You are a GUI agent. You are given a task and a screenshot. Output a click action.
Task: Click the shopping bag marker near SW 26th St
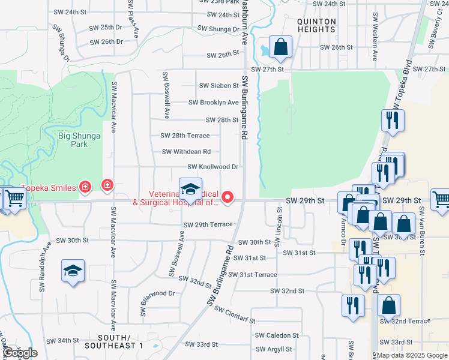[280, 47]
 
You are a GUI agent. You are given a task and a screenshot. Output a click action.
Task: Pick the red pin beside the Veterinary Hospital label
[228, 196]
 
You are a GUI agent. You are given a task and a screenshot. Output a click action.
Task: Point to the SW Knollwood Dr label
[213, 167]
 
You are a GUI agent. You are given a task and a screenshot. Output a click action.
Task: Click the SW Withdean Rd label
[186, 152]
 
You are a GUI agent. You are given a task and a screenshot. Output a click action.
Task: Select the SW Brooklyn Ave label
[214, 103]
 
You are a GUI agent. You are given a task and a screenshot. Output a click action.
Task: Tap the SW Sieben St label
[219, 86]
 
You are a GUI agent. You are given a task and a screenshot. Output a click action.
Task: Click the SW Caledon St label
[277, 335]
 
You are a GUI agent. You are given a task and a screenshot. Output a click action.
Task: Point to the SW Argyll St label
[274, 349]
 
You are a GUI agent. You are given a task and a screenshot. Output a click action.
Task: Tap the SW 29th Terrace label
[208, 224]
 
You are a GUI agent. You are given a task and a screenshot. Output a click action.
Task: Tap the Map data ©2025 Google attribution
[411, 355]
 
